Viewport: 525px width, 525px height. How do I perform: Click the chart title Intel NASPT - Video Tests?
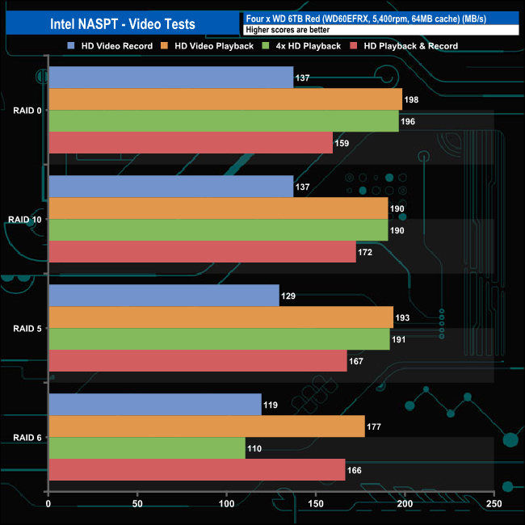tap(118, 23)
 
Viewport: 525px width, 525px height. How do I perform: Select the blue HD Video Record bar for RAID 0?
tap(170, 78)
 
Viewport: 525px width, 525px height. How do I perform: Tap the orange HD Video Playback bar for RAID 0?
tap(225, 99)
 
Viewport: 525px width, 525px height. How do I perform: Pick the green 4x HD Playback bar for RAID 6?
tap(147, 448)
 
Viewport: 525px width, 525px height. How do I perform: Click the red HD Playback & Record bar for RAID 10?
tap(202, 252)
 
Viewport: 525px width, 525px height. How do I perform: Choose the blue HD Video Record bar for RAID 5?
tap(164, 296)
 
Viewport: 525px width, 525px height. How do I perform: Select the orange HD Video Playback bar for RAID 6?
tap(207, 426)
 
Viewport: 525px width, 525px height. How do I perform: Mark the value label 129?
tap(288, 296)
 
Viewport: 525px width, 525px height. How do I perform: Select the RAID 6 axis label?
tap(28, 438)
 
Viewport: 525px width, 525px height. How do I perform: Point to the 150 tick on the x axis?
tap(316, 505)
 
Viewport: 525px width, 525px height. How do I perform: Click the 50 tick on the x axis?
tap(137, 505)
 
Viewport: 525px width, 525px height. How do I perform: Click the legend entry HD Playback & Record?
tap(405, 46)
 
